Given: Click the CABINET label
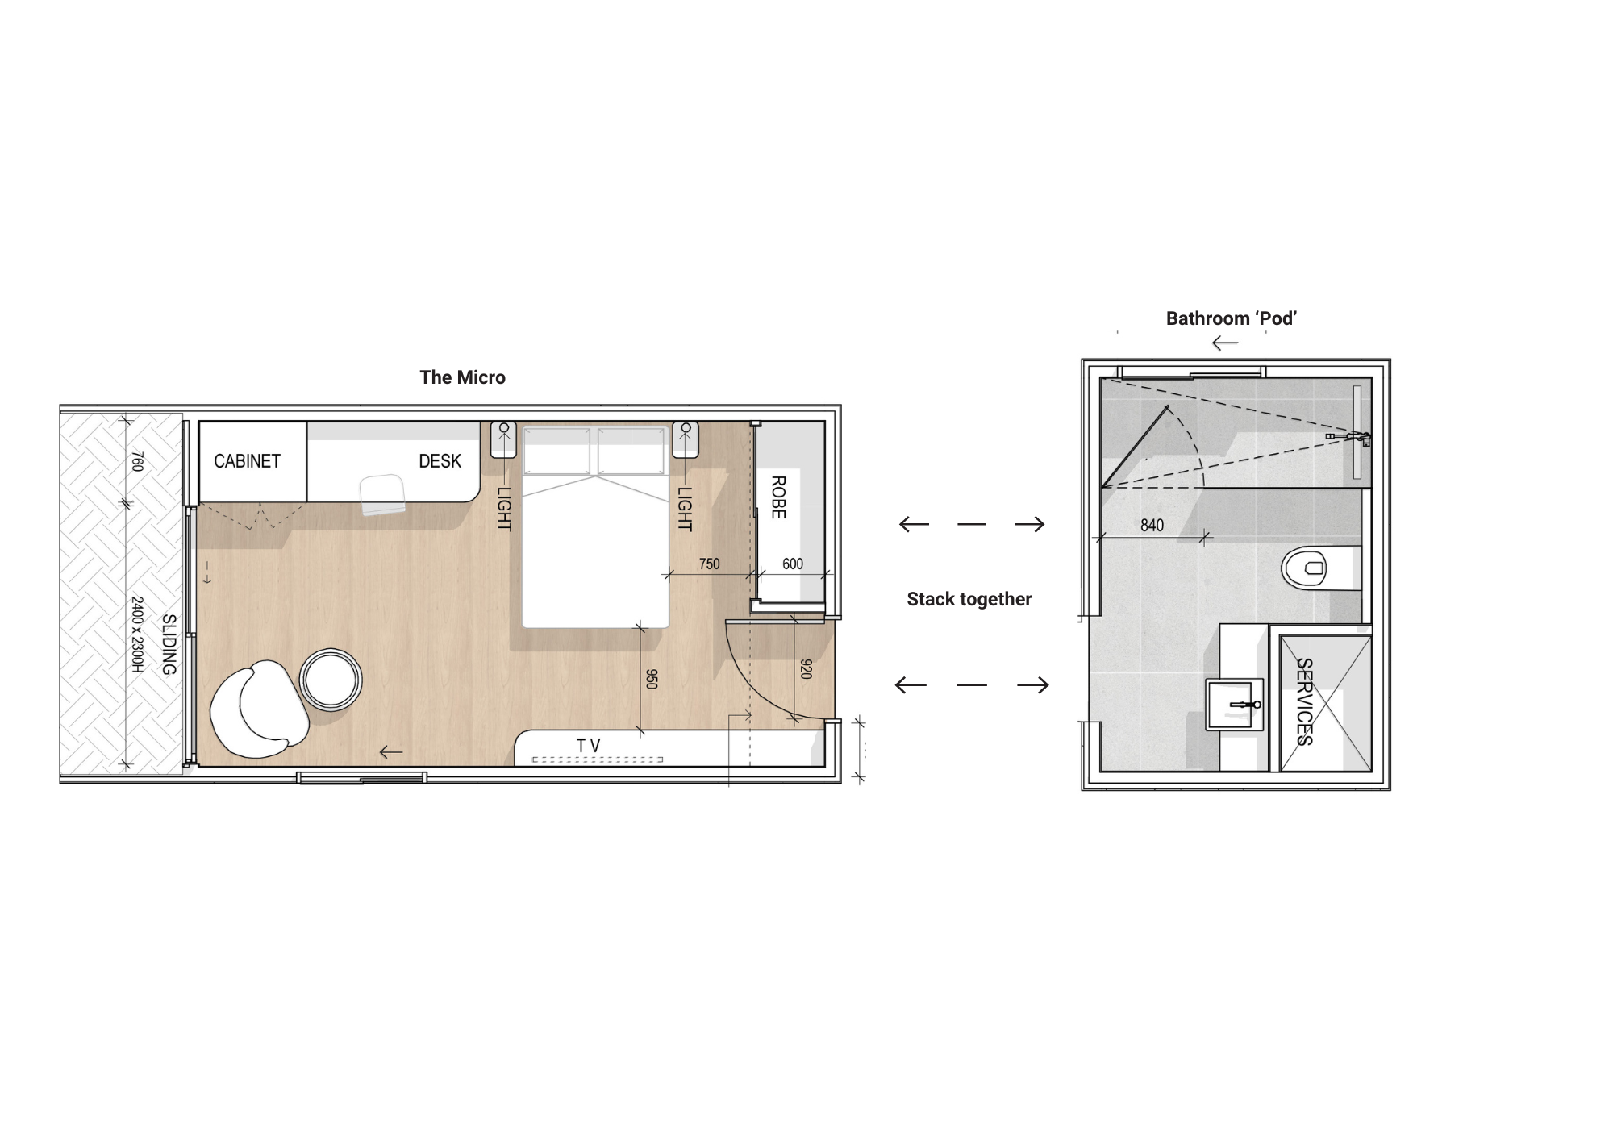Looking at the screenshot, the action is pos(247,461).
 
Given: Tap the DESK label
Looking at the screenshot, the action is pos(440,461).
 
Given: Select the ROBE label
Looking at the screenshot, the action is pos(778,497).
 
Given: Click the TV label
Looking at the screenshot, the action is pos(589,746).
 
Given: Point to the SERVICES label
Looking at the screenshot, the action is pos(1304,701).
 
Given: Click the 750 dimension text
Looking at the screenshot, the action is pos(710,564).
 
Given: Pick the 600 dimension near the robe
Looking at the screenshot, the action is pos(793,564).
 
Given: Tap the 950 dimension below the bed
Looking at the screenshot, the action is pos(652,679).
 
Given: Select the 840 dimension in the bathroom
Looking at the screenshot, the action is pos(1152,526).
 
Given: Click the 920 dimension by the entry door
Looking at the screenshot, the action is pos(806,669).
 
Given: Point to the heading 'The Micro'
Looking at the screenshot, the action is pos(462,377).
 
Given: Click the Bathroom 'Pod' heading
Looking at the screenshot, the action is pos(1231,318).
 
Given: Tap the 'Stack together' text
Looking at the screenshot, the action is pos(969,599).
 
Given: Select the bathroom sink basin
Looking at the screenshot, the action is pos(1234,705).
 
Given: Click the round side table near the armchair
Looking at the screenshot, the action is pos(331,680).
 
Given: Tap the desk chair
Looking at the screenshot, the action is pos(382,494).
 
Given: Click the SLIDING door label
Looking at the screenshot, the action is pos(169,645).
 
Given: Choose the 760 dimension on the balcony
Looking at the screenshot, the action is pos(137,461).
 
